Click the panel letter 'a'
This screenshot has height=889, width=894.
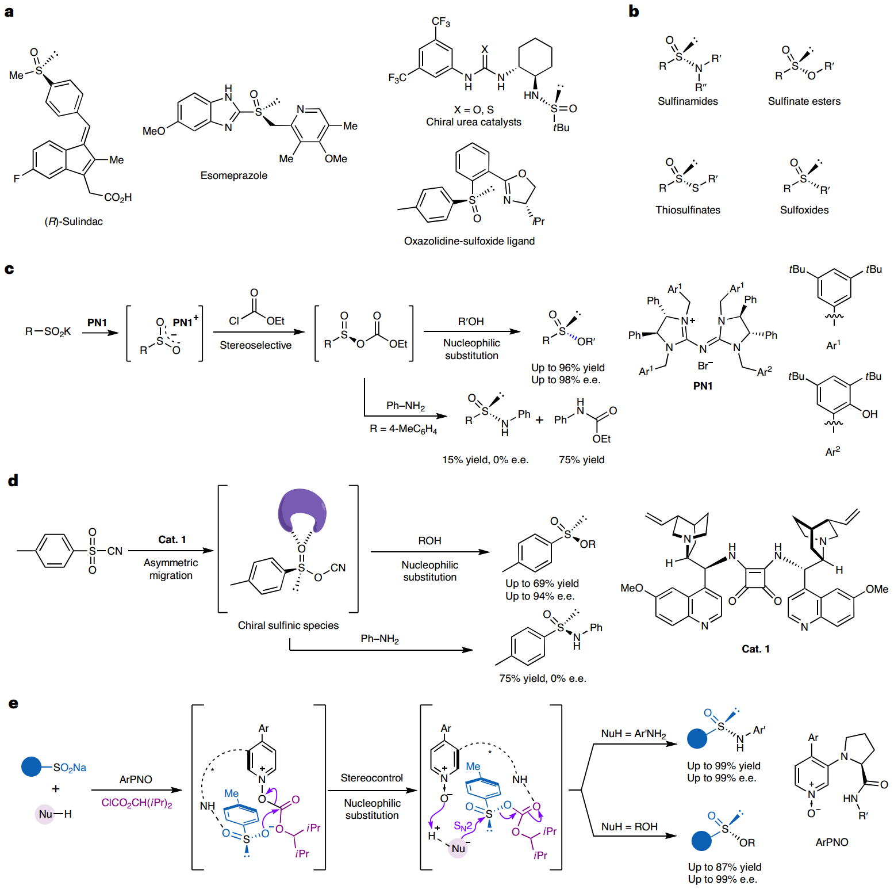coord(9,12)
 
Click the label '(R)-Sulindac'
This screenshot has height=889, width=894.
coord(74,222)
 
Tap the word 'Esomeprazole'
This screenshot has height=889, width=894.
coord(233,175)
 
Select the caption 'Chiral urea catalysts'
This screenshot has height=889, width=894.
coord(473,122)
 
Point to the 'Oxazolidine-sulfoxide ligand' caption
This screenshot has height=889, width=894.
coord(469,241)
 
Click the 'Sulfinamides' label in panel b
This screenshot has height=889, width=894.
coord(688,101)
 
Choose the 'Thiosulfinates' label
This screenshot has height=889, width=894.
coord(688,210)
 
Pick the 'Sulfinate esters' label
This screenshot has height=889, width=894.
coord(804,101)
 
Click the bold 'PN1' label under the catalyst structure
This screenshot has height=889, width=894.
coord(703,386)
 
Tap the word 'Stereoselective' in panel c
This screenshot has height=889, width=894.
coord(255,345)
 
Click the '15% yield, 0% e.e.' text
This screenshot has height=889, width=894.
coord(485,460)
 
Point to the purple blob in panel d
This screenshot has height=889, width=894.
coord(302,510)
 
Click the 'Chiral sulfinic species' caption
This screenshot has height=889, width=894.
coord(288,625)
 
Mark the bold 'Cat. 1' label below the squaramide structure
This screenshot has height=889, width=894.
coord(755,649)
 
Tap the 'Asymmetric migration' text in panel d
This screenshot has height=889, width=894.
coord(171,569)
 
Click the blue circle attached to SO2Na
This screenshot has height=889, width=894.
coord(31,767)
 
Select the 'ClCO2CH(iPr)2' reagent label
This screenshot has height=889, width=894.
coord(136,803)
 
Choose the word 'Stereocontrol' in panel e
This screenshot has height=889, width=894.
coord(371,778)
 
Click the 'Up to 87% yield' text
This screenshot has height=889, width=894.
coord(724,867)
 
